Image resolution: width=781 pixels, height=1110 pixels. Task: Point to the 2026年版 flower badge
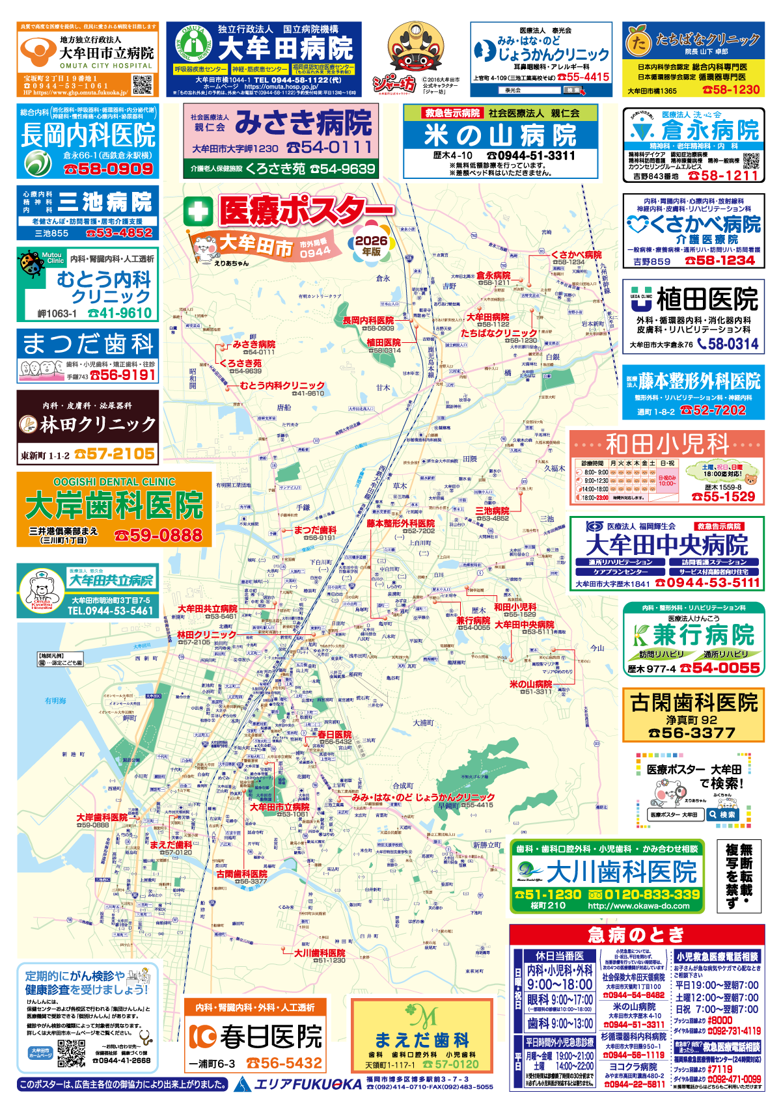tap(371, 244)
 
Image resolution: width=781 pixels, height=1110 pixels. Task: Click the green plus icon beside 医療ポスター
tap(198, 211)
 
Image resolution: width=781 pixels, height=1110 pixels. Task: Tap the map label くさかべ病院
tap(576, 254)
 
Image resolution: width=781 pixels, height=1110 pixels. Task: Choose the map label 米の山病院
tap(530, 684)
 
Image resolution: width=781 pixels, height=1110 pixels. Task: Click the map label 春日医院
tap(335, 735)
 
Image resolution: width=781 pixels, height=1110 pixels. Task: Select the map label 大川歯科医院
tap(320, 953)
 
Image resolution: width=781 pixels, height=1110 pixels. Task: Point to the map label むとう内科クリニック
tap(282, 385)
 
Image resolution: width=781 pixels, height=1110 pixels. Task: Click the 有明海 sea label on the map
tap(55, 701)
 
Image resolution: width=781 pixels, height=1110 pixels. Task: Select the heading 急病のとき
tap(636, 935)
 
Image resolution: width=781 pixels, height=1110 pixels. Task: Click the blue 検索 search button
tap(722, 814)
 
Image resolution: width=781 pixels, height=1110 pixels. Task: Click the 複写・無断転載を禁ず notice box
tap(739, 876)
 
